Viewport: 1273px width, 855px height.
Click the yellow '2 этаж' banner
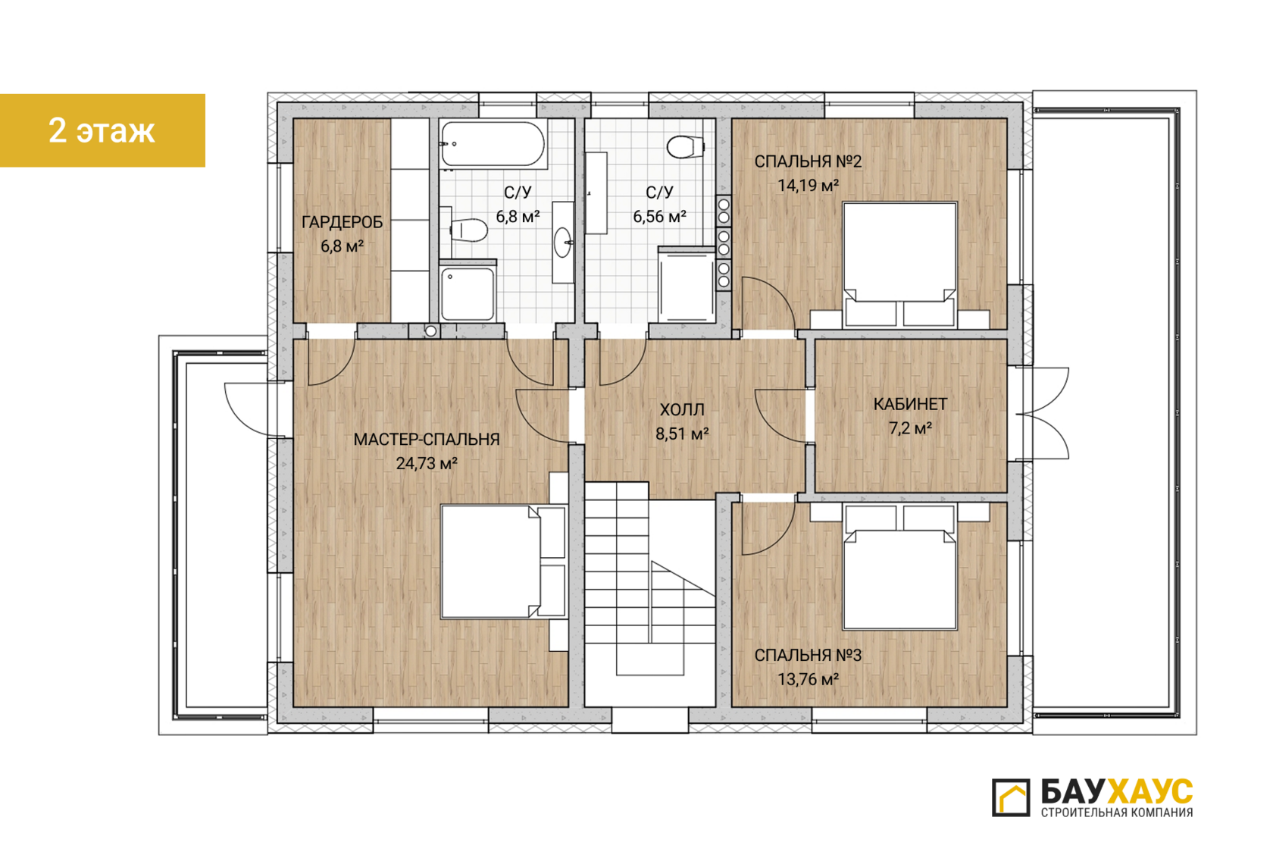pyautogui.click(x=102, y=130)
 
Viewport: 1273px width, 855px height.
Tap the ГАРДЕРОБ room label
pyautogui.click(x=342, y=222)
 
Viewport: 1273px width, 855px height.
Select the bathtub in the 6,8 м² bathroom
pyautogui.click(x=493, y=144)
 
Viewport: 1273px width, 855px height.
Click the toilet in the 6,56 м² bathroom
pyautogui.click(x=685, y=147)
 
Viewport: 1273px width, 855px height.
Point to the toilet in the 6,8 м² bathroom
pyautogui.click(x=469, y=230)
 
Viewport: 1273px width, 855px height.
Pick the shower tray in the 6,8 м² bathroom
pyautogui.click(x=468, y=292)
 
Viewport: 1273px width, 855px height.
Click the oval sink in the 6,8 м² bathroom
pyautogui.click(x=562, y=243)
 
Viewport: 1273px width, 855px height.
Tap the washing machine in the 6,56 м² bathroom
pyautogui.click(x=687, y=285)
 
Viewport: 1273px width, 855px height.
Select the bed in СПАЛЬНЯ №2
pyautogui.click(x=899, y=265)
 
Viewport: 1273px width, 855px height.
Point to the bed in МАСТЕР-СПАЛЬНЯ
pyautogui.click(x=503, y=562)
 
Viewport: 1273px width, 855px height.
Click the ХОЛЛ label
pyautogui.click(x=682, y=409)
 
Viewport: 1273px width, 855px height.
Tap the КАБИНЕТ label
pyautogui.click(x=911, y=404)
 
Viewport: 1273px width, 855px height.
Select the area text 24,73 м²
pyautogui.click(x=427, y=464)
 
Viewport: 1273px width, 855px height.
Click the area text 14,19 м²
pyautogui.click(x=808, y=185)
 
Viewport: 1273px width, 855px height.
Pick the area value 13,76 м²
pyautogui.click(x=808, y=679)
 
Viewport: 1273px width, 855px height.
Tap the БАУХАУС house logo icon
pyautogui.click(x=1011, y=797)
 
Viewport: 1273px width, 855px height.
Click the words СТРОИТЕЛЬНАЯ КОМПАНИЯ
pyautogui.click(x=1117, y=813)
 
